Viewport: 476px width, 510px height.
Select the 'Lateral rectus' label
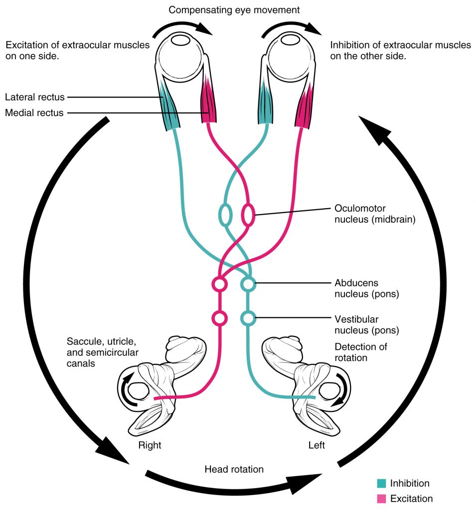(34, 97)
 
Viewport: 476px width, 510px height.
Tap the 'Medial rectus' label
(34, 113)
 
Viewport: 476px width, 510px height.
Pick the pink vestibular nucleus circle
(219, 317)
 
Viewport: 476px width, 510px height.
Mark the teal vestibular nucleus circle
(248, 317)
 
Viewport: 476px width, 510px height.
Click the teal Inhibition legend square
(381, 483)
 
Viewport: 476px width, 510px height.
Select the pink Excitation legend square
(381, 499)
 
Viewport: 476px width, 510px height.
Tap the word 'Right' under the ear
(150, 445)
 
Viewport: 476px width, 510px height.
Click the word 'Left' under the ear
(316, 445)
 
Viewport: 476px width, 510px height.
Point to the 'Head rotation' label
(234, 469)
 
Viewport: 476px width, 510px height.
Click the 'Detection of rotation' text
(361, 352)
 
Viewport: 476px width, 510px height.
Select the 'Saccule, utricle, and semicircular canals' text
(102, 353)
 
